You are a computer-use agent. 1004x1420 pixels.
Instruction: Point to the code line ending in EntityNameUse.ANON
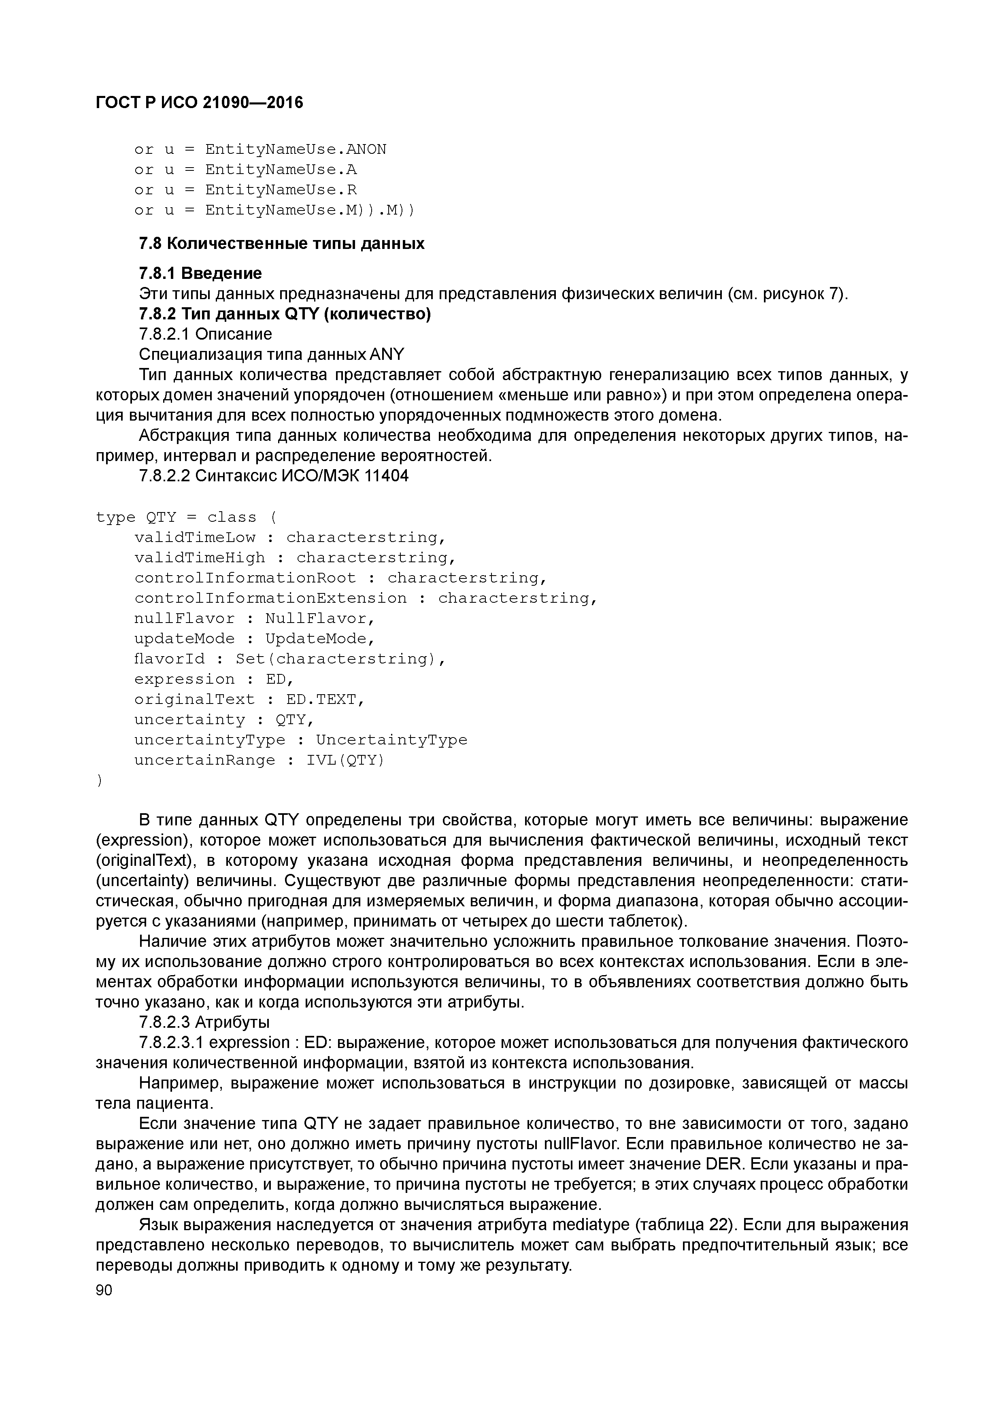pos(260,150)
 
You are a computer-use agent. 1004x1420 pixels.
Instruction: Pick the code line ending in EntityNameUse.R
pos(246,190)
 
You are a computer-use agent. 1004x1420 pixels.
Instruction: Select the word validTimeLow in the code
pos(195,538)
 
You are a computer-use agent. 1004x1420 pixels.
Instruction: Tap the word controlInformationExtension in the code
pos(270,598)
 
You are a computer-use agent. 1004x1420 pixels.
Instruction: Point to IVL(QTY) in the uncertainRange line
pos(345,760)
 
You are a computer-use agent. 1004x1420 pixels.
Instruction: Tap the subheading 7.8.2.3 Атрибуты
pos(204,1022)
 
